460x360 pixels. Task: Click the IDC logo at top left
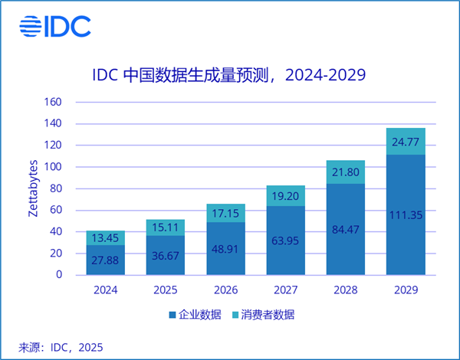pyautogui.click(x=54, y=25)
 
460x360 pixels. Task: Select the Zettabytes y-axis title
pyautogui.click(x=34, y=188)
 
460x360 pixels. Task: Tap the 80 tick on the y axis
pyautogui.click(x=66, y=188)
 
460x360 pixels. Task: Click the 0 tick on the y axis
pyautogui.click(x=69, y=275)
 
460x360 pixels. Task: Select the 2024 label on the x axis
pyautogui.click(x=105, y=290)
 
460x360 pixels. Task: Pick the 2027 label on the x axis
pyautogui.click(x=285, y=290)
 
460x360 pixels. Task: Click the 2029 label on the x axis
pyautogui.click(x=406, y=290)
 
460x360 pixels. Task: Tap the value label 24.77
pyautogui.click(x=406, y=142)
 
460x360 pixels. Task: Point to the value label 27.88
pyautogui.click(x=105, y=260)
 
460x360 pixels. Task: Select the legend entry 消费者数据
pyautogui.click(x=263, y=315)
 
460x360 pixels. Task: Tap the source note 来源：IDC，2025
pyautogui.click(x=61, y=347)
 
